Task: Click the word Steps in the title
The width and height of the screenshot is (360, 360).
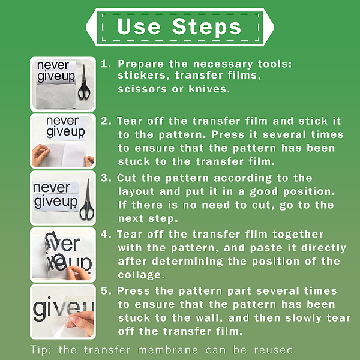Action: (206, 28)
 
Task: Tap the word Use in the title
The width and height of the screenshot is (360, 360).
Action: (139, 26)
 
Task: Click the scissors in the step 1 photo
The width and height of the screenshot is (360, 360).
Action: (84, 82)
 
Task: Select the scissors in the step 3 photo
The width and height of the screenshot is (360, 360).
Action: (87, 199)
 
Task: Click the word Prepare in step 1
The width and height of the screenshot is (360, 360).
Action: (140, 64)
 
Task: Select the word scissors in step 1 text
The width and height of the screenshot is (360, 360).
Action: (142, 89)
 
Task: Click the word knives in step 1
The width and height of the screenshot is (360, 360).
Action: (209, 89)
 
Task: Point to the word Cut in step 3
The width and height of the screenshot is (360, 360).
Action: (127, 178)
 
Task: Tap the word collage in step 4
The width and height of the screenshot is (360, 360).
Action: (141, 275)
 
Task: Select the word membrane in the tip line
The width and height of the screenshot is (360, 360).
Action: (167, 350)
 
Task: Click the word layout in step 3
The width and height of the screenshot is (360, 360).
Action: (136, 192)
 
